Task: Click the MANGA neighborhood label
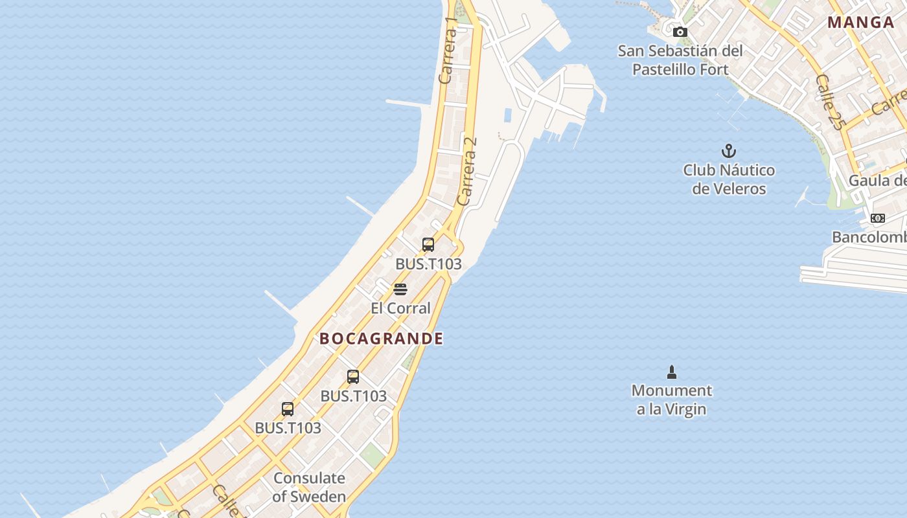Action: coord(861,23)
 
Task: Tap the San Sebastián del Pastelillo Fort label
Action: coord(680,60)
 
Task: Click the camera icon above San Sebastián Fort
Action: coord(680,32)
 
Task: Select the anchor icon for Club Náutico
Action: coord(729,151)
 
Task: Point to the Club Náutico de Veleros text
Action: coord(729,179)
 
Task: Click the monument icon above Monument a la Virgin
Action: coord(671,372)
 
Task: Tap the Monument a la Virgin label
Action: coord(671,400)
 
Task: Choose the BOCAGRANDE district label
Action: coord(382,338)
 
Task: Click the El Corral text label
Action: coord(400,308)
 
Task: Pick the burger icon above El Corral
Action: coord(400,289)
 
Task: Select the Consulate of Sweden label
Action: coord(309,487)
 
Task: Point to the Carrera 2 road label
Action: coord(467,171)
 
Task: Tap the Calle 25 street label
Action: coord(830,102)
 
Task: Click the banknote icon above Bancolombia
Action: coord(878,218)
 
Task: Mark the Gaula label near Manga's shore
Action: coord(878,180)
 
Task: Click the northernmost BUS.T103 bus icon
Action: coord(428,244)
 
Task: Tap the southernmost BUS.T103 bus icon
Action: coord(288,409)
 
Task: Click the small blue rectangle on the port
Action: coord(507,115)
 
